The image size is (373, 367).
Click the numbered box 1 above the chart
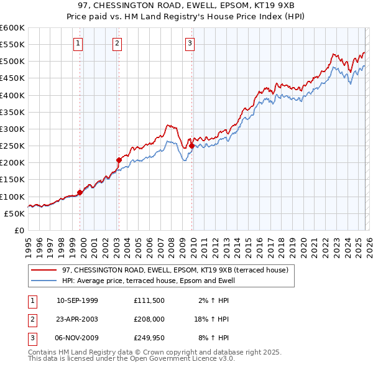[x=78, y=43]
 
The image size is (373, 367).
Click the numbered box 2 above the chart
[x=117, y=43]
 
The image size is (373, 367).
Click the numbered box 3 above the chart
[x=190, y=43]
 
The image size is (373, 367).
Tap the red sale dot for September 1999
[x=80, y=193]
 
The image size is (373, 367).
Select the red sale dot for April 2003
[x=119, y=160]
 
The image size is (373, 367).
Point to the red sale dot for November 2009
[x=191, y=146]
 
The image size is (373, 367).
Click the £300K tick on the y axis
[x=12, y=129]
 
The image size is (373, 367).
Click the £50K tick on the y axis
[x=14, y=213]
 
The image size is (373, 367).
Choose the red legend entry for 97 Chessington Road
[x=175, y=271]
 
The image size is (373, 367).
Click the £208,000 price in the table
[x=149, y=319]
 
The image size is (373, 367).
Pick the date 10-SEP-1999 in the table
[x=77, y=300]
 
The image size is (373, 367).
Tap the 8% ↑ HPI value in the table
[x=213, y=338]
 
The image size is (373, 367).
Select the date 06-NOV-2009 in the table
[x=77, y=338]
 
